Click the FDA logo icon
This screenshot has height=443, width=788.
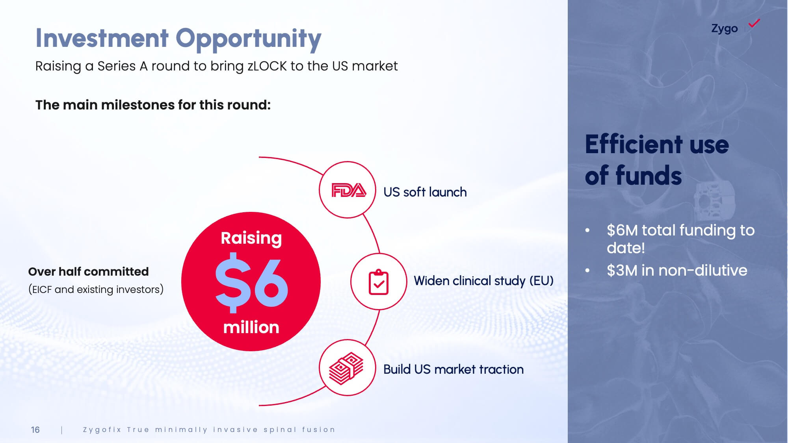click(349, 190)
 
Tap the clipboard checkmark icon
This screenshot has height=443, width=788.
click(379, 282)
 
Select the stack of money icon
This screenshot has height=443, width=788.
click(346, 368)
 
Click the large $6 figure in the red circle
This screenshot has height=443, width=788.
click(251, 282)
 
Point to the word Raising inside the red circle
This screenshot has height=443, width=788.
click(251, 238)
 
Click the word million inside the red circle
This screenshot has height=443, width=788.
click(251, 327)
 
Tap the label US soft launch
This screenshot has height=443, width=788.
click(425, 192)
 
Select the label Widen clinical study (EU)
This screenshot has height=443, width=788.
click(483, 281)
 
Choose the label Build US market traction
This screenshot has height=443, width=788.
click(453, 369)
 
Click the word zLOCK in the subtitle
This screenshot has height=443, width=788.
click(267, 66)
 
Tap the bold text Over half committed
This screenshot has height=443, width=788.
click(88, 271)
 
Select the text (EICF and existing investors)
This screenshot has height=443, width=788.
click(96, 289)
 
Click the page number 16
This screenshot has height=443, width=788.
click(35, 430)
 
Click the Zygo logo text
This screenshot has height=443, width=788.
click(724, 29)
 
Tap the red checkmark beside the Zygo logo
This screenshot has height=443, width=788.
click(754, 23)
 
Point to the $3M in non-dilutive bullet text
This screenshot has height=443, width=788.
click(677, 271)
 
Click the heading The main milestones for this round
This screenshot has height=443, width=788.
click(153, 105)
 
